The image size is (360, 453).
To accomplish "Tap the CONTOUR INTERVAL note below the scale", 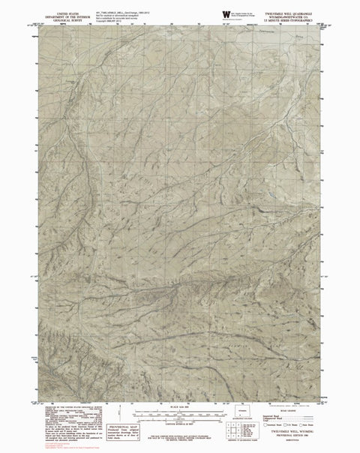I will [x=180, y=421].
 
